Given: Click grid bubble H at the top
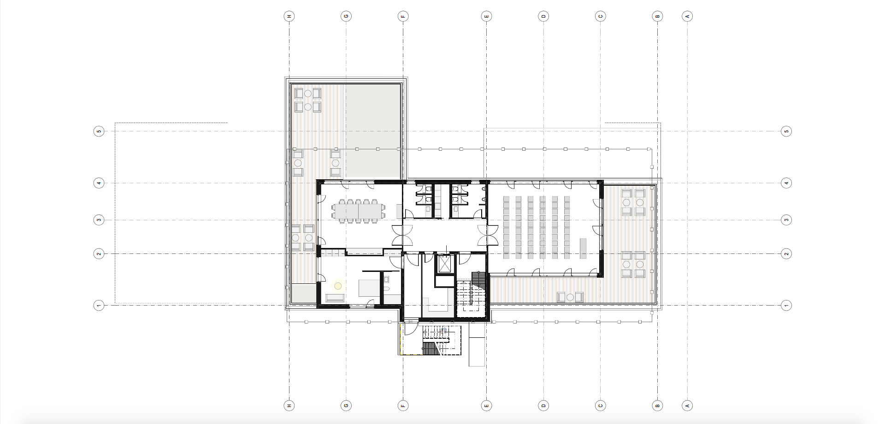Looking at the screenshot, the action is tap(289, 16).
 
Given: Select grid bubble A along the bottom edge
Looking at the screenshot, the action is tap(687, 406).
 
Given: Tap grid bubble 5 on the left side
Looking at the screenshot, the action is tap(99, 131).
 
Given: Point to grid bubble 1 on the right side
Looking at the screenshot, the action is tap(786, 305).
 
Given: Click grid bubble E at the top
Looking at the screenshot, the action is tap(486, 16).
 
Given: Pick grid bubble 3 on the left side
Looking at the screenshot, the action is tap(99, 220).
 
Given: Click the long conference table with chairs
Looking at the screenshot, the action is tap(359, 211).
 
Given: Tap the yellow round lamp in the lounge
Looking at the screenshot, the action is tap(338, 286).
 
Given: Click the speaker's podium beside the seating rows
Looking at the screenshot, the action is tap(584, 248).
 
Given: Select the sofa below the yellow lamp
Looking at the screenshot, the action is tap(335, 298).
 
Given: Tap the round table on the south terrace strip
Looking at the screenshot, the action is tap(570, 297).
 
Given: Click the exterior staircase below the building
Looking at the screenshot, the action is tap(436, 340).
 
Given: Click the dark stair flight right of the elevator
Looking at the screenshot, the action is tap(479, 280).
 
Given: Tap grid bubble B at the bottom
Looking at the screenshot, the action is tap(657, 406).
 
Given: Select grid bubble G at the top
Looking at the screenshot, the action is tap(346, 16).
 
